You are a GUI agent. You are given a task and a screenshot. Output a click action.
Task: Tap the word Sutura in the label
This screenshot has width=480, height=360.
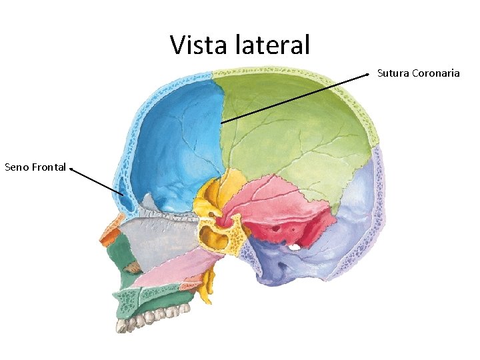(393, 73)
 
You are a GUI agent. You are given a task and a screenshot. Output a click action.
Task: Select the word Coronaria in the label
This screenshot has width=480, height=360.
(436, 73)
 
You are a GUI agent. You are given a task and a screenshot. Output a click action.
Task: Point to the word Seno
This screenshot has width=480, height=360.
(17, 167)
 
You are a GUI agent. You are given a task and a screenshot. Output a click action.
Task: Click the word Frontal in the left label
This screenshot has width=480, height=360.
(49, 167)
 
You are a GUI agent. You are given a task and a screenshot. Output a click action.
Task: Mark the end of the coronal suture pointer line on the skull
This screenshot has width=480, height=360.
(221, 123)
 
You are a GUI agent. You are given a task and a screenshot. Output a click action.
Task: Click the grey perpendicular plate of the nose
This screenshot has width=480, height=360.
(163, 237)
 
